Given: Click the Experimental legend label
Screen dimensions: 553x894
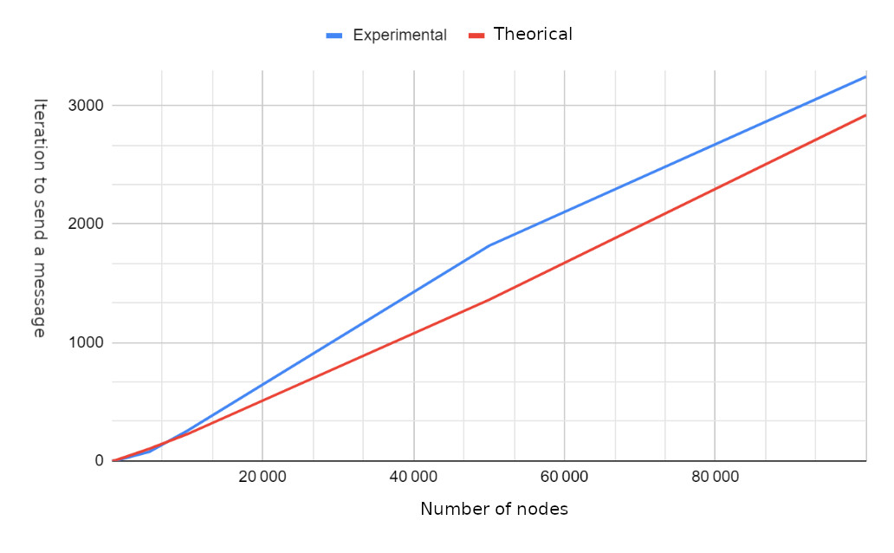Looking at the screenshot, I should [399, 36].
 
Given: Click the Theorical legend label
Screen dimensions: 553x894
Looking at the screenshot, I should [533, 35].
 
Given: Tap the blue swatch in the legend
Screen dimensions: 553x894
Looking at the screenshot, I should [335, 36].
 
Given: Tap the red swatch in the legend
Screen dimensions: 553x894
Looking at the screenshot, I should [476, 36].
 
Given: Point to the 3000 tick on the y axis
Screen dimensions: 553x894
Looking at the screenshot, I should [87, 106].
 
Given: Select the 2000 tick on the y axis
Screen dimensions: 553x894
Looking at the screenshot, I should [87, 224].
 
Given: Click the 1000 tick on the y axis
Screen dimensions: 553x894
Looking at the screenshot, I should [87, 342].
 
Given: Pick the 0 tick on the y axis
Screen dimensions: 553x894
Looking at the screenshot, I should [98, 460].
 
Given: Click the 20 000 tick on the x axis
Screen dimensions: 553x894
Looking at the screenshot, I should [262, 478].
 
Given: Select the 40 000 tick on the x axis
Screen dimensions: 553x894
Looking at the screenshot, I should [413, 478].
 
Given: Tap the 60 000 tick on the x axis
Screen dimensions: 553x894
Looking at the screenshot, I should [564, 478].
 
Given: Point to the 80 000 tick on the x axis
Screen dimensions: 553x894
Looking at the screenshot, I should [715, 478].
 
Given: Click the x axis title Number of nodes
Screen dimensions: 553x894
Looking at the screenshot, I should [494, 510].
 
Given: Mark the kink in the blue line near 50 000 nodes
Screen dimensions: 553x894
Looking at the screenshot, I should [489, 246].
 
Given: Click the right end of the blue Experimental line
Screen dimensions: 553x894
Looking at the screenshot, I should [865, 76].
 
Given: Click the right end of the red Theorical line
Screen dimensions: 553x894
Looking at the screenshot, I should [865, 114].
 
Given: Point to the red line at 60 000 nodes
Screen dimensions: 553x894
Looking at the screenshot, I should [564, 263].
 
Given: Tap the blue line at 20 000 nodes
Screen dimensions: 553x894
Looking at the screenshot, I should [262, 384].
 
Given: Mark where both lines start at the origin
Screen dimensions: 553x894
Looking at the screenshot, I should [113, 460].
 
